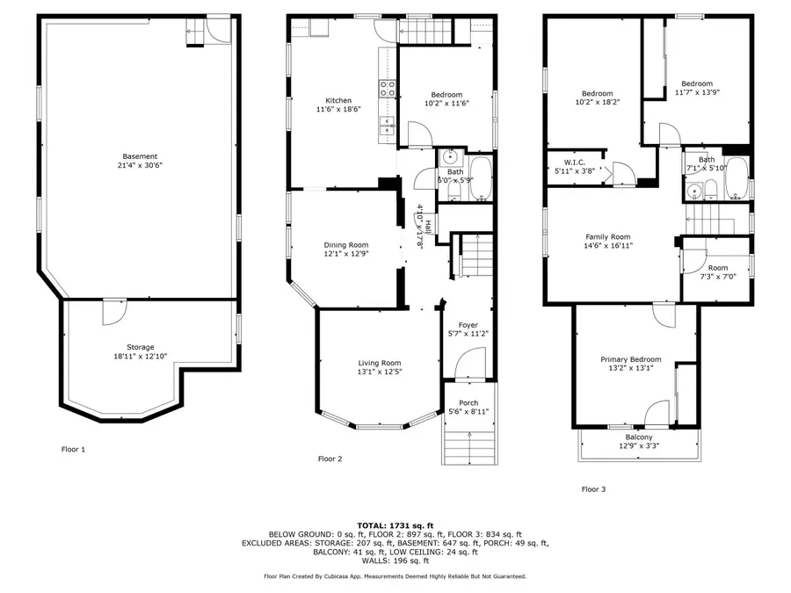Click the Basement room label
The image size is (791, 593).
(x=140, y=156)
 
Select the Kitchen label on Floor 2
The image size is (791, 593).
(x=338, y=100)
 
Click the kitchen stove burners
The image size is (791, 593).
(x=385, y=87)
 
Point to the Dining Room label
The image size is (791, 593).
(x=346, y=245)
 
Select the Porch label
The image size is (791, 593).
(x=468, y=402)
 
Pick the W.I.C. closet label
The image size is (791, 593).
(x=575, y=162)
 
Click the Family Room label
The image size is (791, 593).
(x=608, y=236)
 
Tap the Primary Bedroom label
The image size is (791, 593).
(x=630, y=359)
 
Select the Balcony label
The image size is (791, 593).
(x=639, y=438)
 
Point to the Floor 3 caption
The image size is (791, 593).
(x=593, y=489)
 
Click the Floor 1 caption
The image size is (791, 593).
(x=73, y=449)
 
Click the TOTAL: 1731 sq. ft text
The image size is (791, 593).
(x=395, y=524)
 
